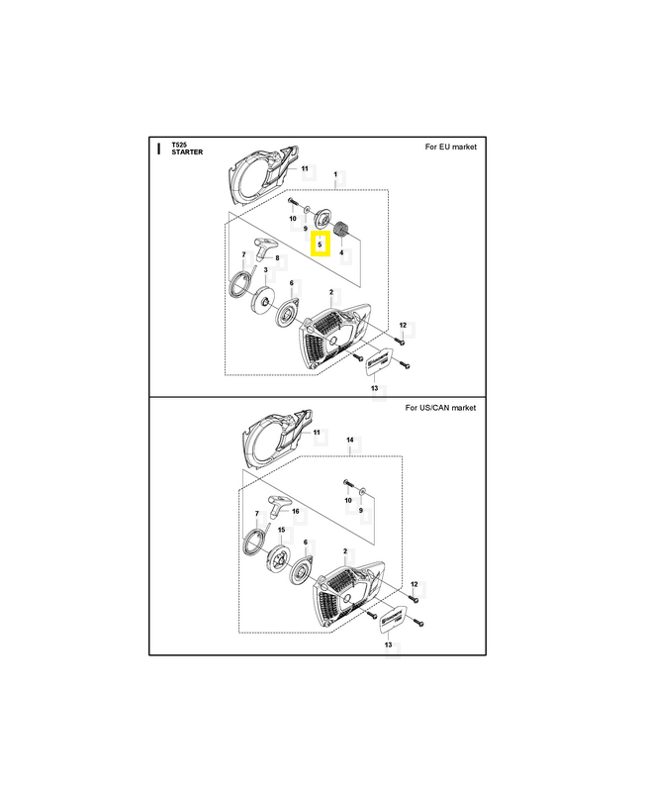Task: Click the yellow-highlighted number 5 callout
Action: [x=320, y=245]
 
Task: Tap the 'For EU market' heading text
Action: [x=450, y=147]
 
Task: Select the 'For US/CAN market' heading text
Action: [x=440, y=408]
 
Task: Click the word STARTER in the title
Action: [x=187, y=152]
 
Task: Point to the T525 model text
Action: [x=179, y=145]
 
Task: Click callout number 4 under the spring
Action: [x=341, y=252]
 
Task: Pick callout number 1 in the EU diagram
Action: [x=335, y=174]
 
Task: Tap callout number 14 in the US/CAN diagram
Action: [x=350, y=440]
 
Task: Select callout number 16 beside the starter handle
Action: [x=296, y=511]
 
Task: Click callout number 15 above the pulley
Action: [x=281, y=530]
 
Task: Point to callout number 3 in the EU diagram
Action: [x=265, y=270]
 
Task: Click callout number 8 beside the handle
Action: [x=277, y=258]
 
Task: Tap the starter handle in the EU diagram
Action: [x=264, y=247]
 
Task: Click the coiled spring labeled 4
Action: [x=342, y=230]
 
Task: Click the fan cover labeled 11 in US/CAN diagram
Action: [x=276, y=440]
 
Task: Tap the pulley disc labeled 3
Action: [x=262, y=298]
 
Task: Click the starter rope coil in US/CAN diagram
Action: [x=255, y=542]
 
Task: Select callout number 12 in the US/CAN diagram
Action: [x=415, y=584]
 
